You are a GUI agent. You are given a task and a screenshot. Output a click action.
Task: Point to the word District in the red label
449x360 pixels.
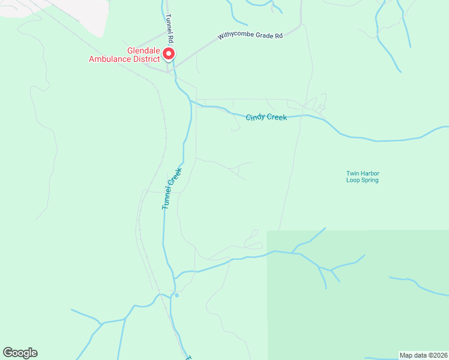click(145, 59)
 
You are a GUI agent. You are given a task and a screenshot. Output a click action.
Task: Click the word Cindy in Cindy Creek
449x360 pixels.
click(256, 117)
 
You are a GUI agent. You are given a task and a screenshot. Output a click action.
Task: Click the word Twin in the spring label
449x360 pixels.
click(352, 174)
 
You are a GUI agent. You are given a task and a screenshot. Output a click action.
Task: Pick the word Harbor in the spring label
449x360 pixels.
click(370, 174)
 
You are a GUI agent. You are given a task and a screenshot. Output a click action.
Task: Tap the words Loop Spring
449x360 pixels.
click(362, 180)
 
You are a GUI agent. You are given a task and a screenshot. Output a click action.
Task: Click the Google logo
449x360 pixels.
click(20, 353)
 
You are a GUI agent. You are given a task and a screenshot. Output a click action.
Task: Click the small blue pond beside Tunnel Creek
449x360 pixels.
click(176, 295)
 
